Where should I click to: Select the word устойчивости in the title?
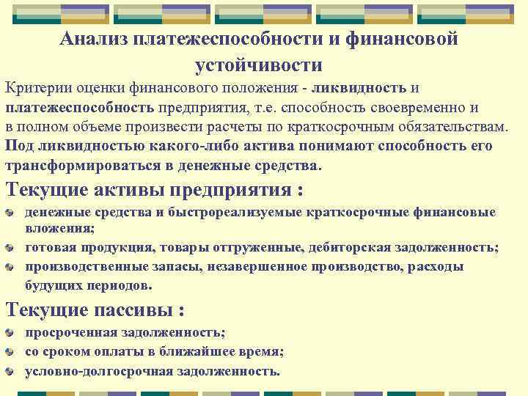coord(258,65)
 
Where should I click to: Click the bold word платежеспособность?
coord(80,108)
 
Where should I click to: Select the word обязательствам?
coord(457,127)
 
